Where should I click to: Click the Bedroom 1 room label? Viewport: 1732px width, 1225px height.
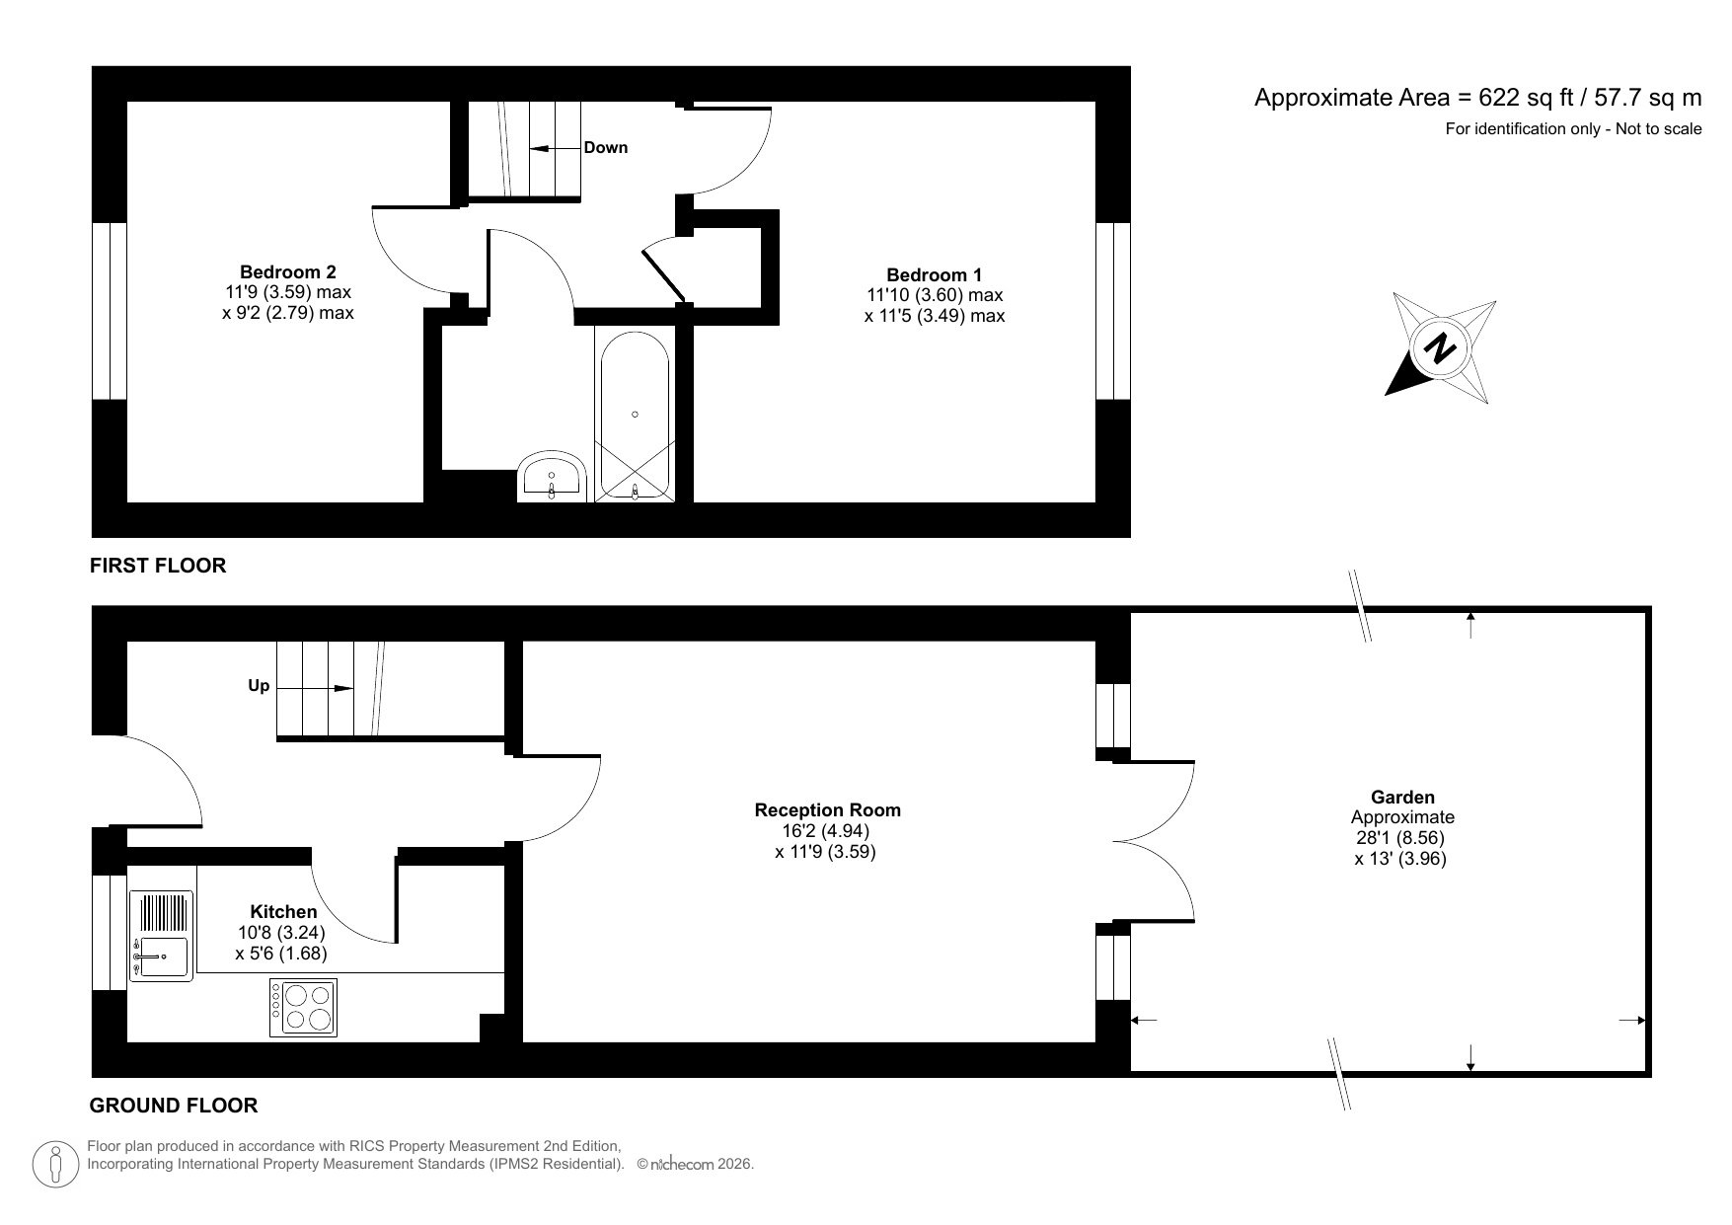tap(934, 275)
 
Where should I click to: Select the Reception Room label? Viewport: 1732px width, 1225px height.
tap(827, 810)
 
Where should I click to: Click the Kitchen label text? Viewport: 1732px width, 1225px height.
tap(283, 911)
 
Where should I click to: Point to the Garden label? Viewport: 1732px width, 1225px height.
tap(1402, 797)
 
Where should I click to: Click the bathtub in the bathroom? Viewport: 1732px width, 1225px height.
tap(635, 415)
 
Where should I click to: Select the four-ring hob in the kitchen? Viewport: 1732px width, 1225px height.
tap(303, 1007)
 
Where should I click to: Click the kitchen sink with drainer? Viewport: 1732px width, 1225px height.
tap(162, 936)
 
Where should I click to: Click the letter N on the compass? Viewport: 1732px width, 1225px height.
tap(1442, 348)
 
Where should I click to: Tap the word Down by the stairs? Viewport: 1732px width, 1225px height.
tap(605, 148)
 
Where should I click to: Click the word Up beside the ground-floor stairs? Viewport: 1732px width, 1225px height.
tap(259, 685)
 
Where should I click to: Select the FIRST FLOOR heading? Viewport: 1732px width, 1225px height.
tap(158, 566)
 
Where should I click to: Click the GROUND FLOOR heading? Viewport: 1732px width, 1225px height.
tap(174, 1106)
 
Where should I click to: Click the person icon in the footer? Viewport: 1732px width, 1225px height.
tap(56, 1165)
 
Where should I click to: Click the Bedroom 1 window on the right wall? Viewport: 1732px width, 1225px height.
tap(1112, 311)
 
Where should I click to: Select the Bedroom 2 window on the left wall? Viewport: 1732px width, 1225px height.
tap(110, 311)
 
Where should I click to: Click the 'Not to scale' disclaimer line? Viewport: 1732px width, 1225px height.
tap(1573, 128)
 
